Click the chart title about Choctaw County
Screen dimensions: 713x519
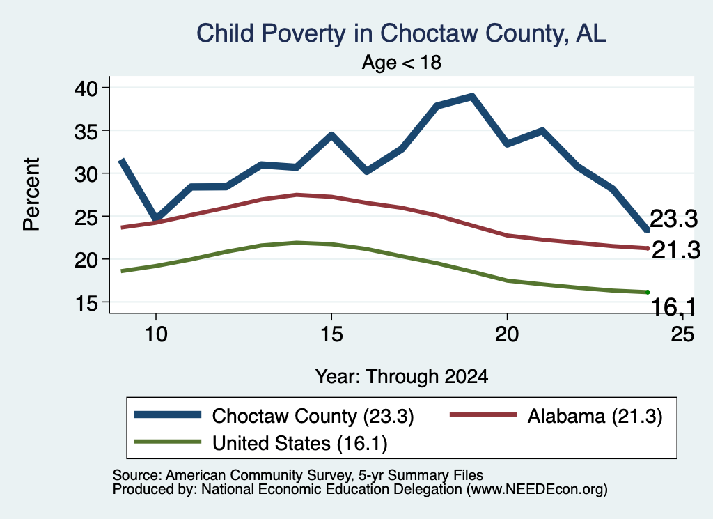point(401,33)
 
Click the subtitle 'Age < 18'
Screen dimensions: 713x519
point(402,62)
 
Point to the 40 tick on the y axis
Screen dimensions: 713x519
point(86,88)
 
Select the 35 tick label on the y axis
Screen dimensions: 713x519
point(86,131)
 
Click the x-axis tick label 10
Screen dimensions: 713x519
point(156,335)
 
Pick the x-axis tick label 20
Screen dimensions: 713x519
point(507,335)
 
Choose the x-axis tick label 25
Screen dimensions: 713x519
point(682,335)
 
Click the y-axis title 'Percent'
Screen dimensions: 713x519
point(31,194)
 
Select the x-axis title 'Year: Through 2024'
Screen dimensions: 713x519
point(402,377)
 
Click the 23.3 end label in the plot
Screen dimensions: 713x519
point(673,219)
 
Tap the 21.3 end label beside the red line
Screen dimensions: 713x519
point(676,251)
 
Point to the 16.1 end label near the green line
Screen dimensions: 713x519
point(673,307)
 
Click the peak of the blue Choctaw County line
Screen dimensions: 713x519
point(472,96)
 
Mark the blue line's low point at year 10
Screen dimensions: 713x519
point(157,219)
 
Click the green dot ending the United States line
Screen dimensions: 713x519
point(647,292)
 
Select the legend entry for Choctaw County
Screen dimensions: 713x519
point(274,416)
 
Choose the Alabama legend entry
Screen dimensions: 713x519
point(556,416)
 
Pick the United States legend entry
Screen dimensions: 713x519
point(260,443)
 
